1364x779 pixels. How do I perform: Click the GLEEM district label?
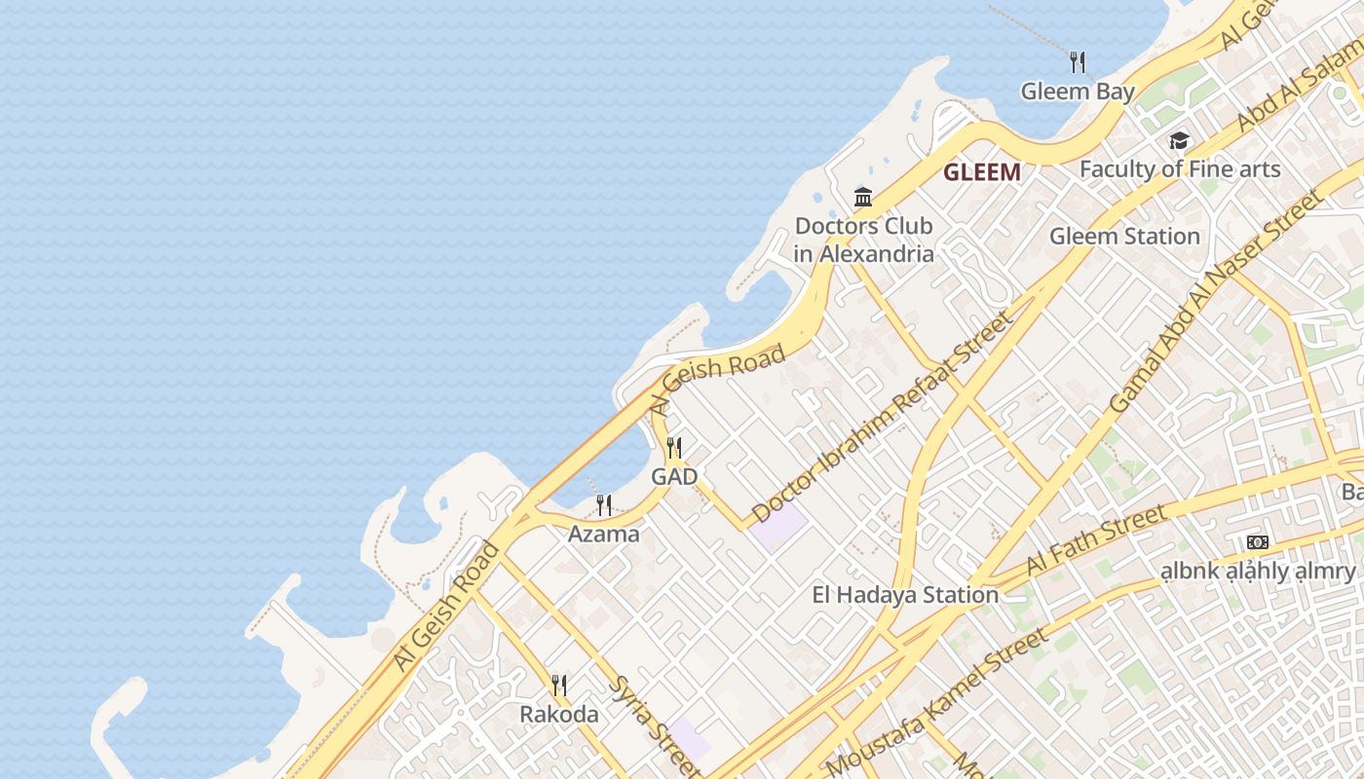(x=981, y=173)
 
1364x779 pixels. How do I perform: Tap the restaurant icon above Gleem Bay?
(x=1078, y=62)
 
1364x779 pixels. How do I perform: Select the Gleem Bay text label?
(x=1078, y=92)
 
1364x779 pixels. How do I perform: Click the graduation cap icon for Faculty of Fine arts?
(x=1179, y=141)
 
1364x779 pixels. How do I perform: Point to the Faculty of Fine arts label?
(x=1179, y=169)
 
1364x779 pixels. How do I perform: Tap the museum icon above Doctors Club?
(x=863, y=198)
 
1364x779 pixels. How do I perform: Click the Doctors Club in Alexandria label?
(x=863, y=240)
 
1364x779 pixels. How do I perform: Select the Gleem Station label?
(x=1124, y=237)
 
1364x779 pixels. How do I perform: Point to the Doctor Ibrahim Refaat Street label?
(x=882, y=416)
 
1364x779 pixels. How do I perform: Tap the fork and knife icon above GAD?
(x=673, y=448)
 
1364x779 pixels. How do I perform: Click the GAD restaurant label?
(x=674, y=477)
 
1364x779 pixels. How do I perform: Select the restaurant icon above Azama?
(x=604, y=504)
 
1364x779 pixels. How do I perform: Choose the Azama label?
(x=604, y=534)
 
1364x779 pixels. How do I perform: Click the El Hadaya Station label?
(x=905, y=595)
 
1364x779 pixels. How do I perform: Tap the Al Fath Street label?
(x=1095, y=540)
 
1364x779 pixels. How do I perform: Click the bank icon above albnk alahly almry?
(x=1257, y=541)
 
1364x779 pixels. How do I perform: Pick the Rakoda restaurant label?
(x=559, y=715)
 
